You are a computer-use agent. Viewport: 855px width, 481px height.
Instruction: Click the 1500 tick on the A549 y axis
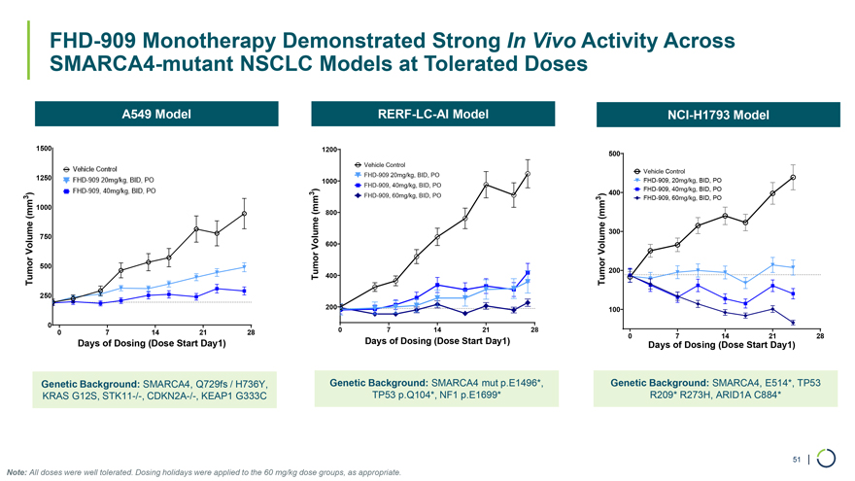tap(44, 148)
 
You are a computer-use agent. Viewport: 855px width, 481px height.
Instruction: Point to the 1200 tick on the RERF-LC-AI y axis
tap(328, 150)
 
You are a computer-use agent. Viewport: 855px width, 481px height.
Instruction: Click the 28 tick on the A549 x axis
tap(250, 333)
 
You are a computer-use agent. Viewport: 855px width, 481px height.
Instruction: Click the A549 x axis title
tap(153, 345)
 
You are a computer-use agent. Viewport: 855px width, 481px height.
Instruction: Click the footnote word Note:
tap(17, 472)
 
